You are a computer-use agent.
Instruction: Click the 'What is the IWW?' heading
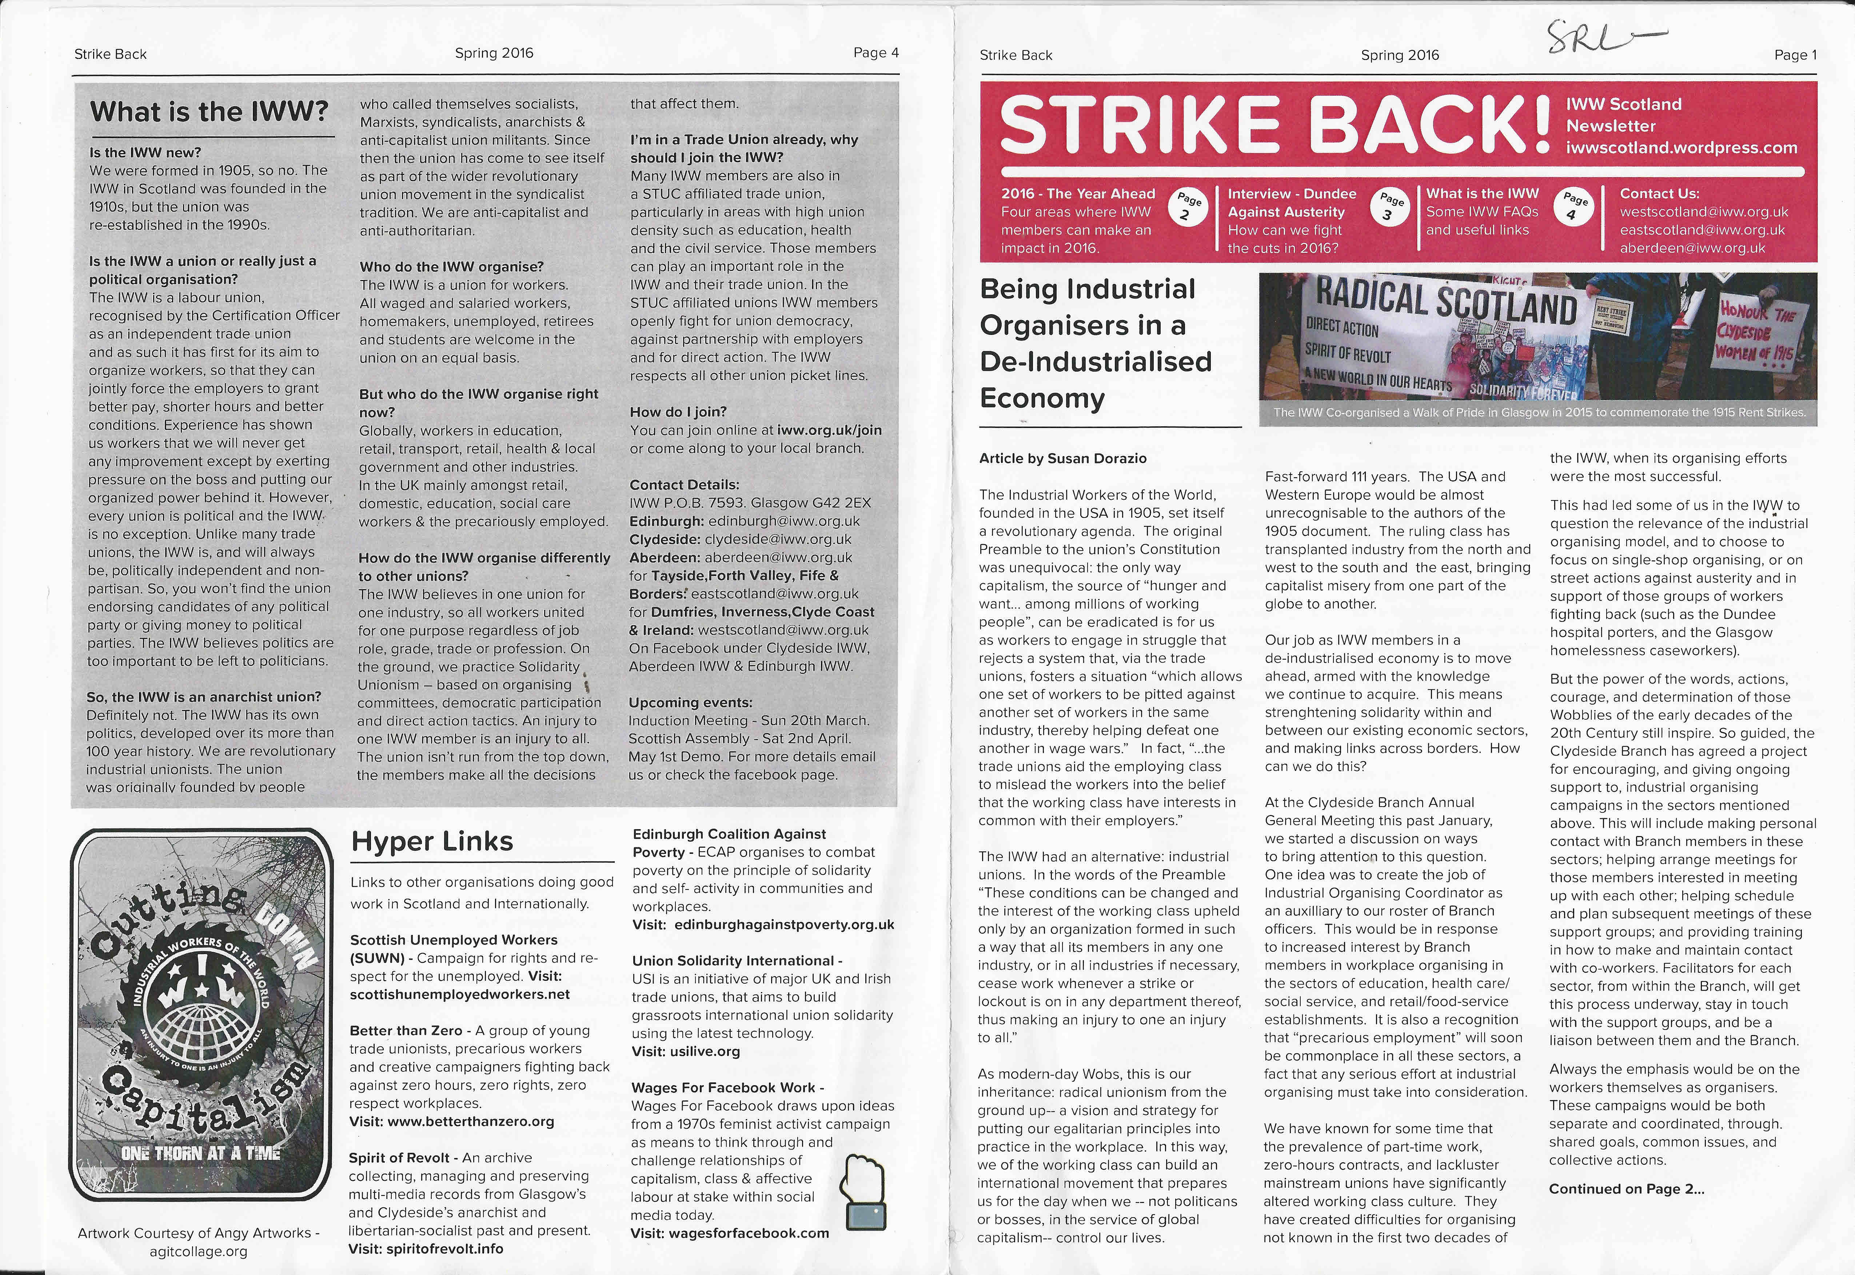pos(209,111)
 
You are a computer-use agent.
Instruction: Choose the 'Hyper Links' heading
pos(432,841)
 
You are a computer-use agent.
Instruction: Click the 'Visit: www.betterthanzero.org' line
pos(451,1122)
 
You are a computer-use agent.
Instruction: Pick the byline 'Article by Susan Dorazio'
pos(1062,459)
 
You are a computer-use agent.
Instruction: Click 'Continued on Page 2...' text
pos(1627,1189)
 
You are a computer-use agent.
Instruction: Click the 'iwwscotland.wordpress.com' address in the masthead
pos(1682,148)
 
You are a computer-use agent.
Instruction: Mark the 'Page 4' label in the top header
pos(875,53)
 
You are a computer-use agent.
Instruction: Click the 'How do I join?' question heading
pos(678,412)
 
